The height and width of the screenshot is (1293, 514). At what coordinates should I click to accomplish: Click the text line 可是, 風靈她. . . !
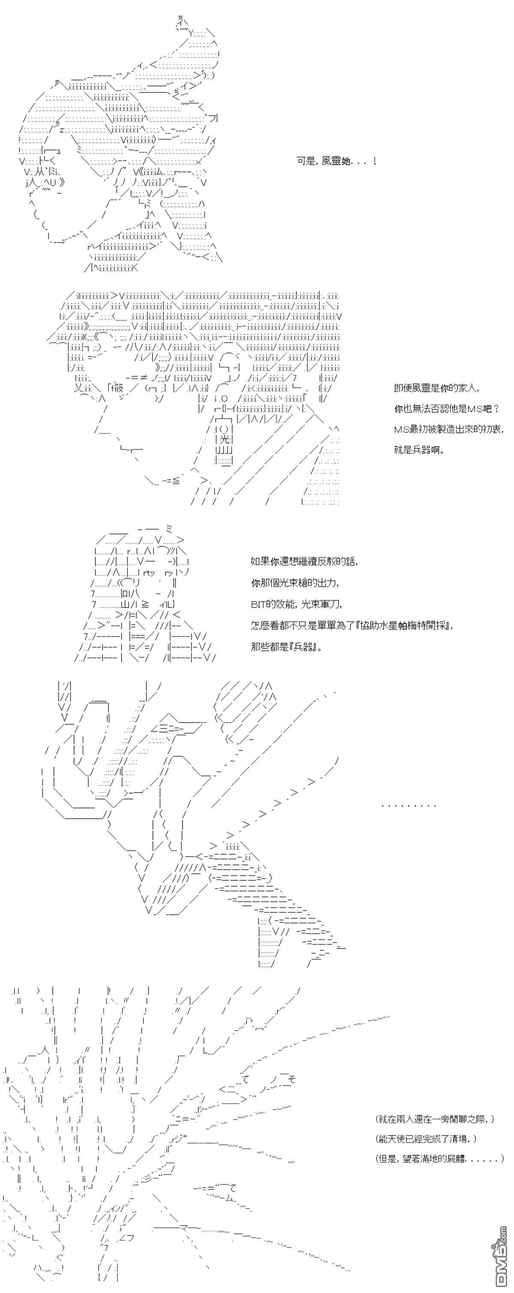pos(336,161)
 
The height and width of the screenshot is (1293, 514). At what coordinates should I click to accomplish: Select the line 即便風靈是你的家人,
pos(437,388)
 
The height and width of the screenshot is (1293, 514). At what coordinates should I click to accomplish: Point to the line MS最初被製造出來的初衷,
pos(448,429)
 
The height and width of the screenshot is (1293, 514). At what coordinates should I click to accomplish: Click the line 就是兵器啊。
pos(419,450)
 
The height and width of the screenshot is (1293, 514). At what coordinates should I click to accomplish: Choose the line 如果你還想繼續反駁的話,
pos(305,562)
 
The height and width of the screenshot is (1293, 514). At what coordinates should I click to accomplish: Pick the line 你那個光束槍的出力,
pos(295,583)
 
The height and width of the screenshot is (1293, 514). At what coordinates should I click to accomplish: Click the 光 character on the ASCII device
pos(224,439)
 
